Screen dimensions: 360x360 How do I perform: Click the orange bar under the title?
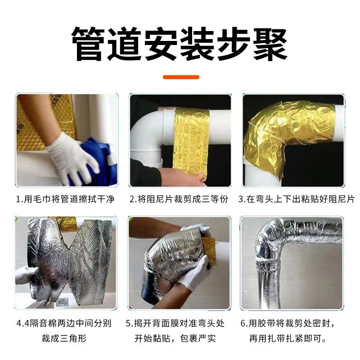tap(180, 77)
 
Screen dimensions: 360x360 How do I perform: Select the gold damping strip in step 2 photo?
tap(191, 139)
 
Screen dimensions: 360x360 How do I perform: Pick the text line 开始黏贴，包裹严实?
tap(180, 337)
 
